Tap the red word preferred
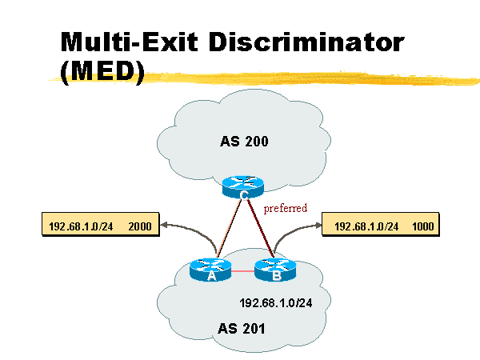286,208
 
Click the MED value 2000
141,226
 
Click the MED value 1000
424,226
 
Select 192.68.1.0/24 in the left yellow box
81,226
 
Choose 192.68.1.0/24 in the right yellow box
366,226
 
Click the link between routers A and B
242,272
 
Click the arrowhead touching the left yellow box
164,226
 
